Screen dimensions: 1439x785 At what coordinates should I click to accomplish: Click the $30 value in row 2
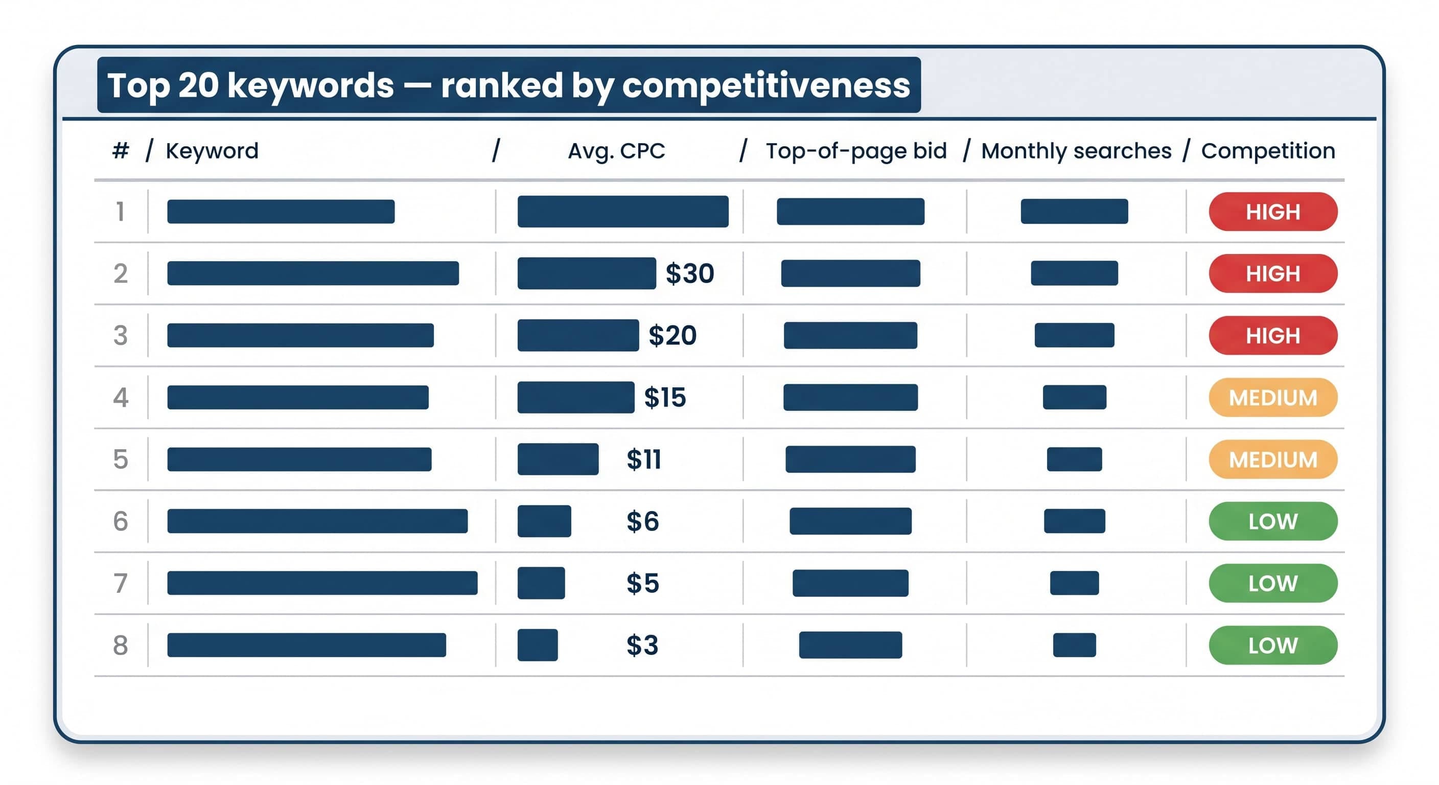[689, 273]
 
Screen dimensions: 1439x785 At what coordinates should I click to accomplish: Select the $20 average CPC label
[672, 335]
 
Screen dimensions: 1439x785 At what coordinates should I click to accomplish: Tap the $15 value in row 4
[665, 397]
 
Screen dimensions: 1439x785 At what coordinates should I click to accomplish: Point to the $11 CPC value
[643, 459]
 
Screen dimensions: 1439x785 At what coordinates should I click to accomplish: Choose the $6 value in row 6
[642, 521]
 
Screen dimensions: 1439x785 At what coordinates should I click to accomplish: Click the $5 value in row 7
[642, 583]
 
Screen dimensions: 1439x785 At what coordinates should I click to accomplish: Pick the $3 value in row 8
[642, 645]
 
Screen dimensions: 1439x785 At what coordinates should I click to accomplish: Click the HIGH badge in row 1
[1273, 212]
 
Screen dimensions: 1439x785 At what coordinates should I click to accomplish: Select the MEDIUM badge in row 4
[1273, 397]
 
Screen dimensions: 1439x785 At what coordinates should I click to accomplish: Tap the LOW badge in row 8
[1273, 645]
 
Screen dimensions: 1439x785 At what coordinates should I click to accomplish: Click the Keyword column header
[212, 151]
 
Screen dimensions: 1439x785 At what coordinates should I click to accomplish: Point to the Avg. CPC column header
[616, 151]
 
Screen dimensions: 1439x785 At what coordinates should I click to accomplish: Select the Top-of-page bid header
[856, 151]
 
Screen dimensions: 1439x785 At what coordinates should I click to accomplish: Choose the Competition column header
[1268, 151]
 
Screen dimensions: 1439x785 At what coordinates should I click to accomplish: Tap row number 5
[121, 459]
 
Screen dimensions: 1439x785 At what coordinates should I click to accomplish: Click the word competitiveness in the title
[766, 86]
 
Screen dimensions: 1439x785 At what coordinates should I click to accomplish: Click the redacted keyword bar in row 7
[322, 583]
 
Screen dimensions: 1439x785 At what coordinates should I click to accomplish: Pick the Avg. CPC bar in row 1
[623, 212]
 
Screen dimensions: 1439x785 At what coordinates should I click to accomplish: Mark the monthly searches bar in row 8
[1074, 645]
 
